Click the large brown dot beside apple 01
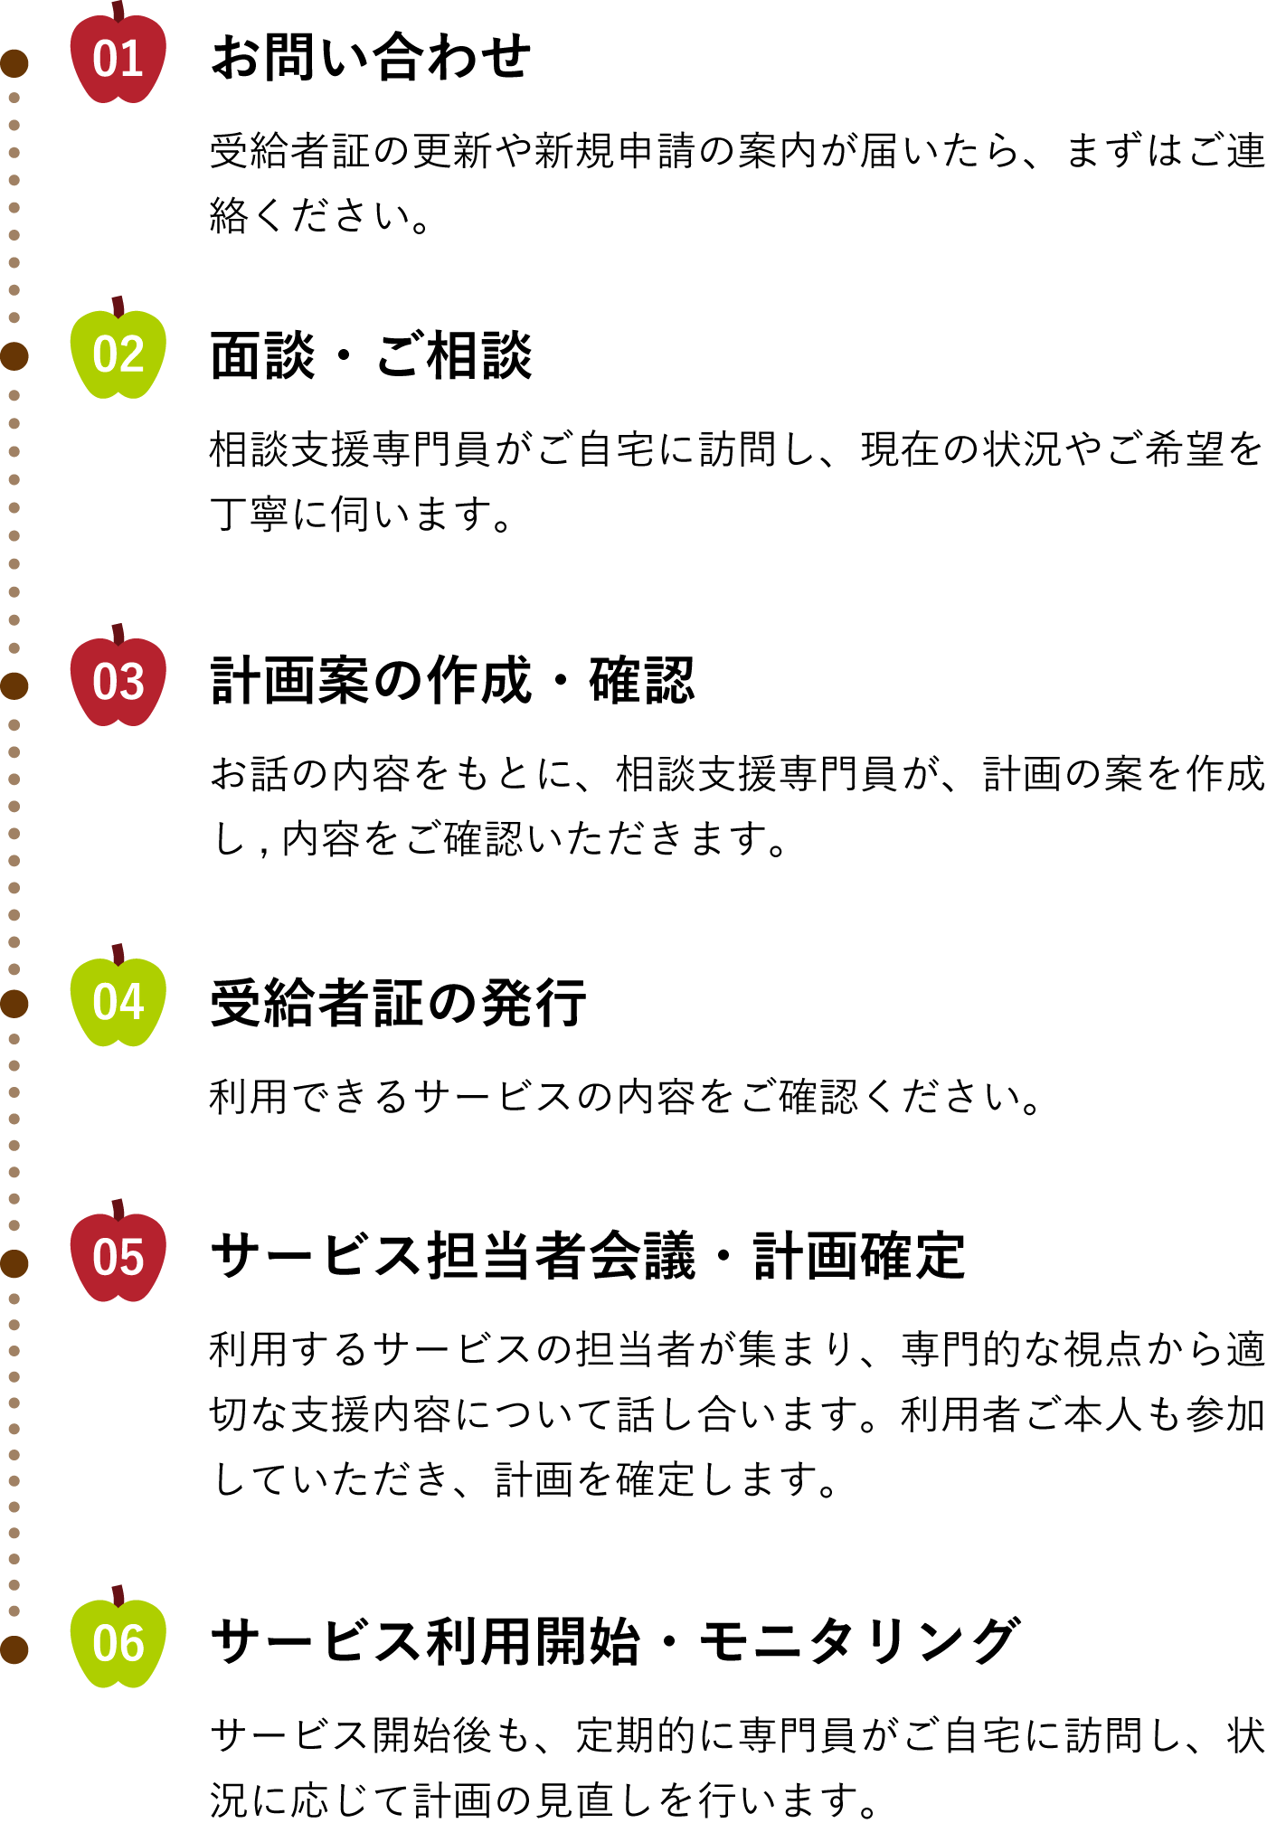14,63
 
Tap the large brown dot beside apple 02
14,356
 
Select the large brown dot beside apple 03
14,686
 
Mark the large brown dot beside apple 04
14,1004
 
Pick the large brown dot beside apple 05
14,1263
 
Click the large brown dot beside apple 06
14,1649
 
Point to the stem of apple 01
118,10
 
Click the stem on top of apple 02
118,306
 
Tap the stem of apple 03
118,633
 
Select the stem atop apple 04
118,953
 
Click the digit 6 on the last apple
132,1644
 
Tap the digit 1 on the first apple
132,60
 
